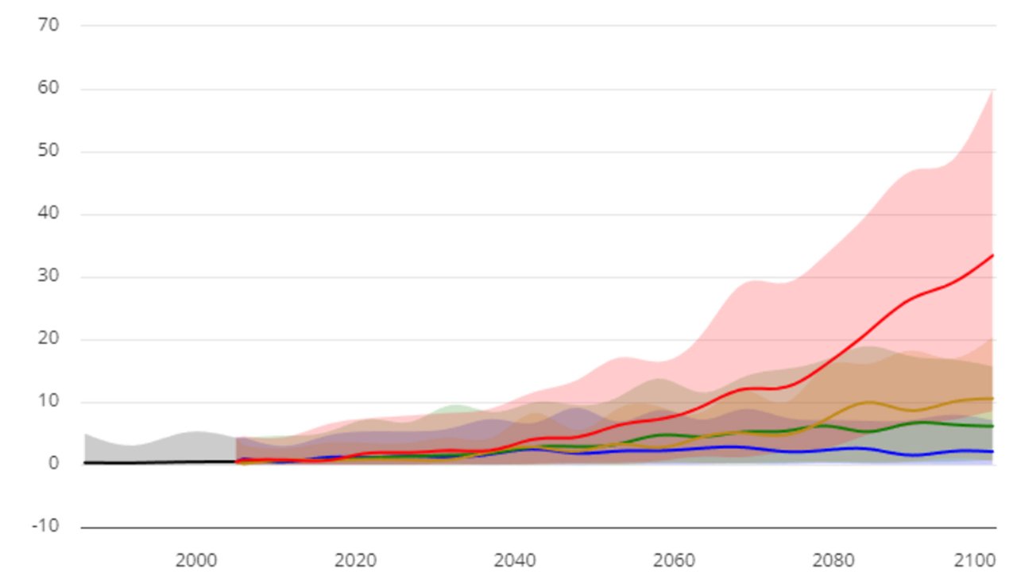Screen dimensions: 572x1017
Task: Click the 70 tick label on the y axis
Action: (x=48, y=25)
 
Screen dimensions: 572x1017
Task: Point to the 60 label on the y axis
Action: (x=48, y=88)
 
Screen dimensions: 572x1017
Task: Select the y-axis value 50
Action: (x=48, y=151)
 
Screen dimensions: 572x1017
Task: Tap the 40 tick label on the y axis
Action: (x=48, y=214)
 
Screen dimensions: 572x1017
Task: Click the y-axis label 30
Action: (x=48, y=276)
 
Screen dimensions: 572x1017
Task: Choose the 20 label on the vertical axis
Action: (x=48, y=339)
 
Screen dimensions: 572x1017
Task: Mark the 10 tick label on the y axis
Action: (x=48, y=402)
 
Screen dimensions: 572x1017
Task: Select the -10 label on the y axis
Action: (x=46, y=527)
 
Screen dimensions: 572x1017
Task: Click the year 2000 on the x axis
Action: (x=196, y=560)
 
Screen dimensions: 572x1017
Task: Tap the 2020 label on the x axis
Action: (x=356, y=560)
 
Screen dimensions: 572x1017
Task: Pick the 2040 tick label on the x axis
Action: (x=515, y=560)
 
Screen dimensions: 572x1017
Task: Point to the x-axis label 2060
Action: (x=675, y=560)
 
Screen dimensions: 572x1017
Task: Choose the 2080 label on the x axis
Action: (x=834, y=560)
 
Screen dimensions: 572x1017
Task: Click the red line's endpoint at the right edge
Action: (x=993, y=255)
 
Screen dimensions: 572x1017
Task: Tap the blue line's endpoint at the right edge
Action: (x=993, y=451)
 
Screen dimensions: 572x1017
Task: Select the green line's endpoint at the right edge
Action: (x=993, y=426)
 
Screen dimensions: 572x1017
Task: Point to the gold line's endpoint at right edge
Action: (x=993, y=398)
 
